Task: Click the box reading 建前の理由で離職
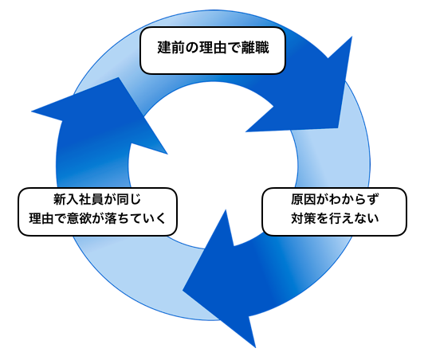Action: click(213, 51)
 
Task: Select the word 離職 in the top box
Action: click(255, 48)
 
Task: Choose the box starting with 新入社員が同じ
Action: click(97, 212)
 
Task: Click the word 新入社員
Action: click(78, 200)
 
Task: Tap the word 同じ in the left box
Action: click(128, 200)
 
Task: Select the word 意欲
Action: click(79, 218)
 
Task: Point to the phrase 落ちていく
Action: click(135, 218)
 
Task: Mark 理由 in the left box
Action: click(41, 218)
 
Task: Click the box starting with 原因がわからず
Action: click(334, 212)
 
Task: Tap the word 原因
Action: click(304, 200)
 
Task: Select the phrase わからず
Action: click(354, 200)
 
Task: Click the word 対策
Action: click(304, 218)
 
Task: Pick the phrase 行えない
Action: click(354, 218)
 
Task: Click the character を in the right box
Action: click(322, 218)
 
